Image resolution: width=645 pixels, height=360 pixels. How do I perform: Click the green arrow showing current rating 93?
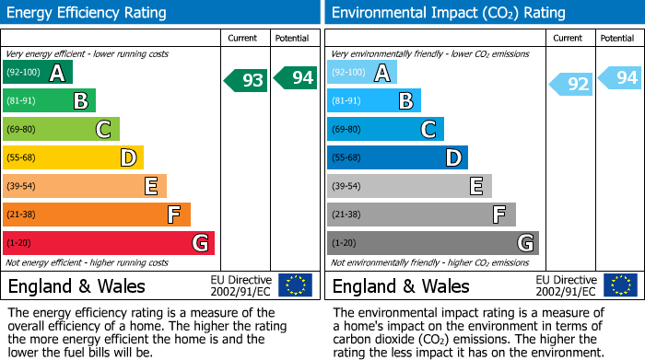click(x=246, y=80)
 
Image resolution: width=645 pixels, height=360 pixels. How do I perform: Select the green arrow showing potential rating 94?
click(x=295, y=78)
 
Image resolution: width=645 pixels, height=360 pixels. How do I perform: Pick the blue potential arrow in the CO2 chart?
click(x=620, y=78)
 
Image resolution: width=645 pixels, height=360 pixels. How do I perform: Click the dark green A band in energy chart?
click(x=38, y=73)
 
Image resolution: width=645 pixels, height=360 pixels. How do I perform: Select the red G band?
click(x=109, y=243)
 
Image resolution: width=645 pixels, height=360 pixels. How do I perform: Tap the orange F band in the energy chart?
click(x=97, y=215)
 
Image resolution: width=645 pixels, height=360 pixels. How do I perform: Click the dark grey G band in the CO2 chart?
click(x=433, y=243)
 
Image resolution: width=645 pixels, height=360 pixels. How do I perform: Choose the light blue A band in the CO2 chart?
click(x=362, y=73)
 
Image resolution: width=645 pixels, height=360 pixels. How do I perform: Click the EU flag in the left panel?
click(x=295, y=285)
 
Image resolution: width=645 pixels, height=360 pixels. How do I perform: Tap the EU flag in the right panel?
click(x=619, y=285)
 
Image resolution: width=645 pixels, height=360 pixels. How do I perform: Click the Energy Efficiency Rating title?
click(x=88, y=13)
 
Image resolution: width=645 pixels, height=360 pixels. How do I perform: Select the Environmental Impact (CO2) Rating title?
click(x=448, y=13)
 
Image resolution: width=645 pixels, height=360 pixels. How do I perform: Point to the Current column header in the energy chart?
click(x=244, y=38)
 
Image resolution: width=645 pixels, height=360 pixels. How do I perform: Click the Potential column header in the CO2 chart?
click(x=617, y=38)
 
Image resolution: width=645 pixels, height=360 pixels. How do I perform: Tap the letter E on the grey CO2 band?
click(x=476, y=187)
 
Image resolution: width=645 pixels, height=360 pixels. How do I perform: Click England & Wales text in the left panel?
click(x=76, y=285)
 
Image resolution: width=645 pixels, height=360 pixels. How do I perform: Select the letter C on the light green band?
click(x=104, y=130)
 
